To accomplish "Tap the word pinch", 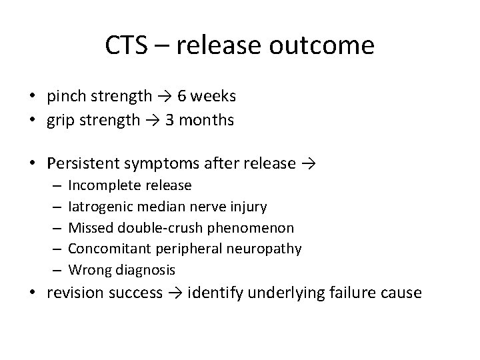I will (65, 97).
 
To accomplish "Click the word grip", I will (61, 121).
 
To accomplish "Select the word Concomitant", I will (109, 249).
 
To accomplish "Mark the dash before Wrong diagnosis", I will (55, 270).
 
